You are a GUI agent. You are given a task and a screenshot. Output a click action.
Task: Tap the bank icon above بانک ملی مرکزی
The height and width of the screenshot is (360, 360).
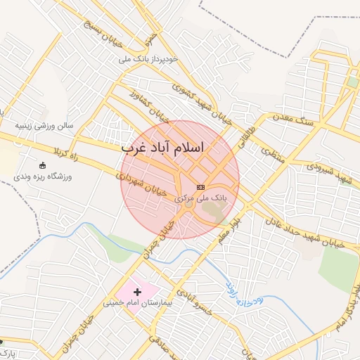pos(200,187)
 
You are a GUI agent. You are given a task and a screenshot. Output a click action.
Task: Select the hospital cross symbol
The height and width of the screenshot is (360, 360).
pos(137,291)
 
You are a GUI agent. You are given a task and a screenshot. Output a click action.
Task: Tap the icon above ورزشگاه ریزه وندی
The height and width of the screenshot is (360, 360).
pos(43,165)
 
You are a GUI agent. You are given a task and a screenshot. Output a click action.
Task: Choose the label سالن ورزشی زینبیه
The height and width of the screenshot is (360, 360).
pos(46,127)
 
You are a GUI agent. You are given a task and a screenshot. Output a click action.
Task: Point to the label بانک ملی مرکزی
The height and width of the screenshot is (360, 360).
pos(201,199)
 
